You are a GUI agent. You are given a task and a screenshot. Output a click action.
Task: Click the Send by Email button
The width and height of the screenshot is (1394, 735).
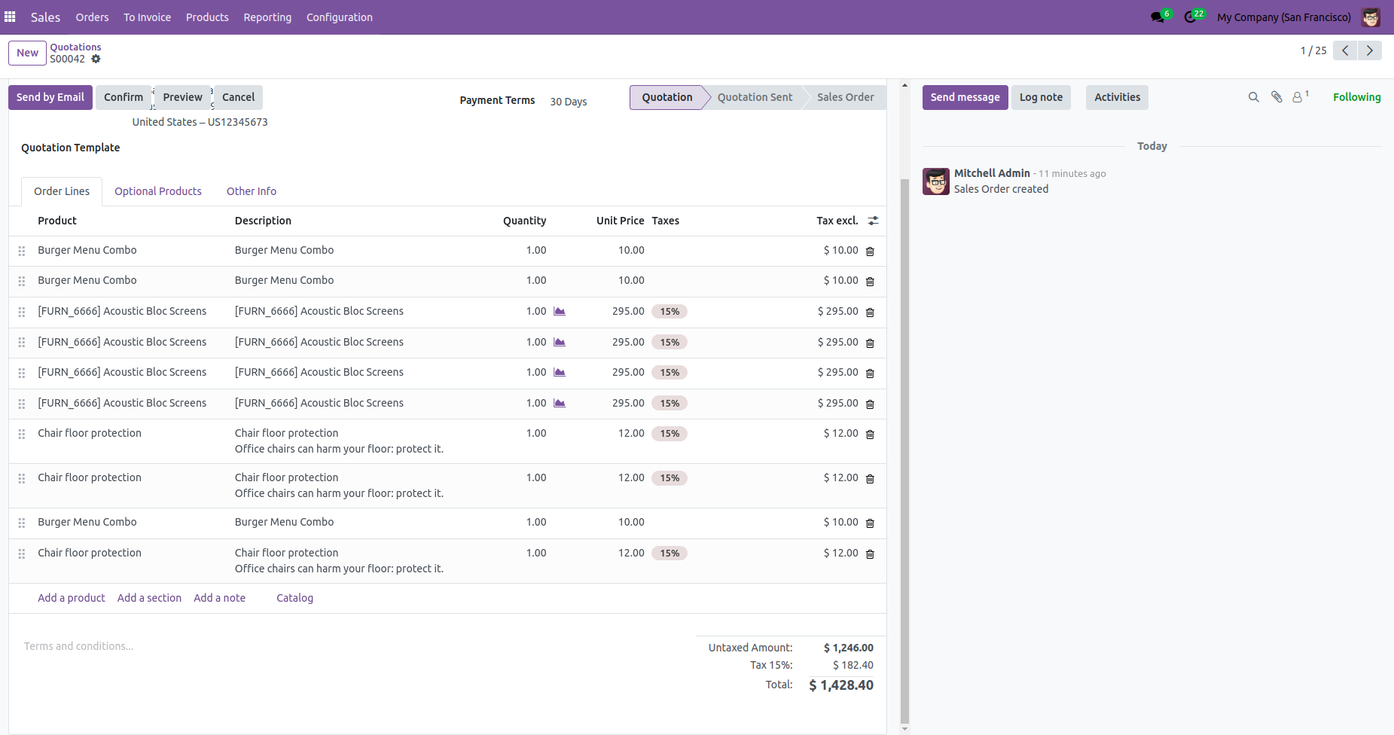point(50,97)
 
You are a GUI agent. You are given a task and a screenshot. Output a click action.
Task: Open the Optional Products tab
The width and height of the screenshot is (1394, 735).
point(158,191)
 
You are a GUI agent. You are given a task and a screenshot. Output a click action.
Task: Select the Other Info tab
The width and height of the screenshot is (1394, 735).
point(252,191)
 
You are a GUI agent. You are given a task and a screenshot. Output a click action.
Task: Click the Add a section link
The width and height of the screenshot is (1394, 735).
point(149,598)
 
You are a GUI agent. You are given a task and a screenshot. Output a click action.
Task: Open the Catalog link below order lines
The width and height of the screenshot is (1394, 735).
point(294,598)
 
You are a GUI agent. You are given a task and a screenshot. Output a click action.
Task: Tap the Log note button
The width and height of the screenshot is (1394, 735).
point(1041,97)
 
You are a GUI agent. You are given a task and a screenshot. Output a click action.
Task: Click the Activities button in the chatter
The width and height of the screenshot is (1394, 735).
point(1117,97)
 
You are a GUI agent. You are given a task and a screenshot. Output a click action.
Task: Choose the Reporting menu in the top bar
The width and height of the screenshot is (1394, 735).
point(267,17)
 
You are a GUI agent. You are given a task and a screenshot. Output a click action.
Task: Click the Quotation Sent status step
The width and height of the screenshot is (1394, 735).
point(755,97)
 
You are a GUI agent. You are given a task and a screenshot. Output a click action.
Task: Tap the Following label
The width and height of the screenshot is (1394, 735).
point(1356,97)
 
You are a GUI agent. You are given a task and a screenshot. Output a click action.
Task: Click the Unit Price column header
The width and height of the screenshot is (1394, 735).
point(620,221)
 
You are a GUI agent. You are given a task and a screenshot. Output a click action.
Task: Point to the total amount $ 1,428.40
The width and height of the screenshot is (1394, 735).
point(841,685)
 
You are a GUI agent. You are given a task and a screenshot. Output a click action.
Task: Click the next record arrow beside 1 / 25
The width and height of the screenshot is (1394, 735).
point(1370,50)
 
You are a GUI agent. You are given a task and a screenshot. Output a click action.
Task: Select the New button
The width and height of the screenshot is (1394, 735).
point(28,53)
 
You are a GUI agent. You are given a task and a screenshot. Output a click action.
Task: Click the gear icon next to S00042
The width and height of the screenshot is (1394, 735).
point(96,59)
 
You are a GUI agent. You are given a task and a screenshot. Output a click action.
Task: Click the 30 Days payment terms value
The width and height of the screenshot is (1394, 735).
point(569,102)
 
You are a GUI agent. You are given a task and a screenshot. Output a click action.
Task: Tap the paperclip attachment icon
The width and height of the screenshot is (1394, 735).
point(1277,97)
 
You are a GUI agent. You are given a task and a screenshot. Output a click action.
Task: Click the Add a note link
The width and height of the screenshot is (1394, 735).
point(219,598)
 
